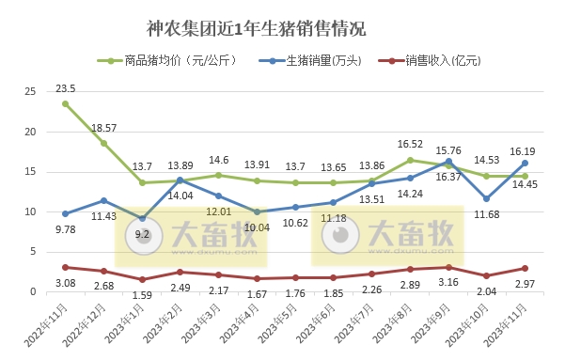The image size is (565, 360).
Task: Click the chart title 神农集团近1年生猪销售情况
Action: [x=257, y=29]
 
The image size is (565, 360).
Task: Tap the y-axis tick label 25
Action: [x=30, y=91]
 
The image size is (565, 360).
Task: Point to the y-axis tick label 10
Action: [x=30, y=212]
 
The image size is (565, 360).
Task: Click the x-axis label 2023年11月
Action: [x=503, y=314]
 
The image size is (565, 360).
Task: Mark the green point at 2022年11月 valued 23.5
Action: [x=65, y=103]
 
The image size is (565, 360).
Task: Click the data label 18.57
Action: [x=104, y=127]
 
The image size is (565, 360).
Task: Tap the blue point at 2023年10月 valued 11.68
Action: [x=486, y=198]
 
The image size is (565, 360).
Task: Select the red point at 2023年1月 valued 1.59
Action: [x=142, y=279]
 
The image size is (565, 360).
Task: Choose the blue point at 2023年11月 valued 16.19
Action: [x=525, y=163]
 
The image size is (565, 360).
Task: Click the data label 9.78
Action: [x=65, y=228]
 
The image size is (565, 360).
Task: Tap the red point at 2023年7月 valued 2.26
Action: [x=371, y=274]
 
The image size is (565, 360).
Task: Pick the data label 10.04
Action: [x=258, y=227]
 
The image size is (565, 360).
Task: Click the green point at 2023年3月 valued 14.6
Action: [x=218, y=175]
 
